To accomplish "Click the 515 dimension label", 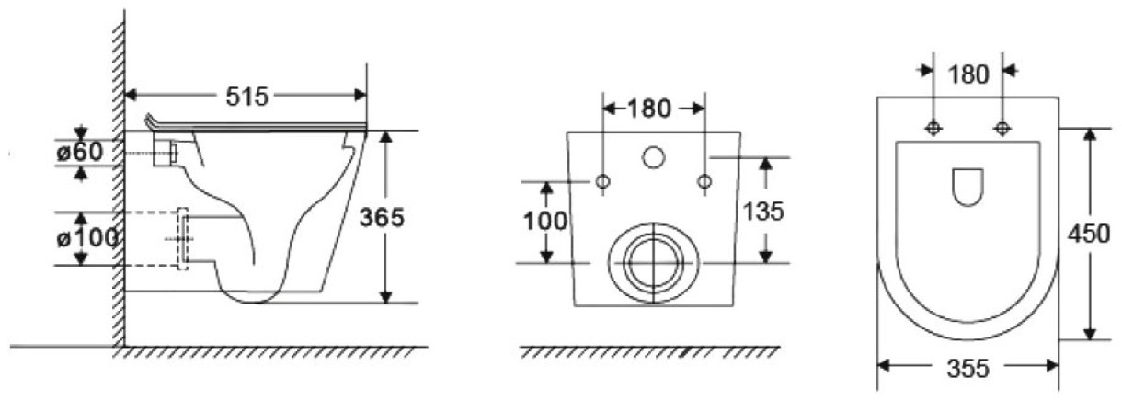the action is point(247,97).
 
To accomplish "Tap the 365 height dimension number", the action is point(382,217).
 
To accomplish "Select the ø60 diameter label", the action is point(80,152).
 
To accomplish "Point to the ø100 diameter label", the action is point(87,238).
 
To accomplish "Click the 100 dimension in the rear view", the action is point(545,221).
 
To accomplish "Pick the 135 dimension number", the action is point(762,211).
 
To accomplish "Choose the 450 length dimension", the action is point(1089,234).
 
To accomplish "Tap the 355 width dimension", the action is point(968,369).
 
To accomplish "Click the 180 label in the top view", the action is point(968,74).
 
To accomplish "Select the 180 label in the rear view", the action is point(649,109).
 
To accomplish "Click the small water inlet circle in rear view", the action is point(653,157).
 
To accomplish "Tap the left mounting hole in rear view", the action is point(603,180).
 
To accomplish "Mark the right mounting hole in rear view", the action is point(704,180).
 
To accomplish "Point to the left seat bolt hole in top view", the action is point(933,129).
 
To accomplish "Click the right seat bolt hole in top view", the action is point(1002,129).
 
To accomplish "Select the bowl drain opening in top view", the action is point(967,187).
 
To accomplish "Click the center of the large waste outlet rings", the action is point(654,263).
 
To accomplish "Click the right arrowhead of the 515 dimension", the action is point(361,95).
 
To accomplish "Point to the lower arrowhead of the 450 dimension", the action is point(1090,334).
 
